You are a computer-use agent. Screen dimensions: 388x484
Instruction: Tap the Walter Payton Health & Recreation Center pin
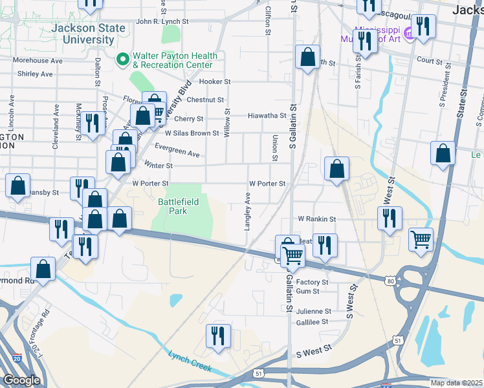[x=122, y=60]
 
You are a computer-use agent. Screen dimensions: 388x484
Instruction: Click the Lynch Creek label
[x=190, y=361]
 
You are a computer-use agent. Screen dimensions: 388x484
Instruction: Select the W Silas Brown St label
[x=192, y=133]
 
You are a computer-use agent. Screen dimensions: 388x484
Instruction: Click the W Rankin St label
[x=316, y=219]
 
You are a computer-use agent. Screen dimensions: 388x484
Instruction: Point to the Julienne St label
[x=314, y=311]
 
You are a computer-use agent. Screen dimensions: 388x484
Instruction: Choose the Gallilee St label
[x=312, y=321]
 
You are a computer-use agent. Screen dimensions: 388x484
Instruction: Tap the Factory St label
[x=312, y=283]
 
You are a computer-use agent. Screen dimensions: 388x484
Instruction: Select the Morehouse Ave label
[x=38, y=61]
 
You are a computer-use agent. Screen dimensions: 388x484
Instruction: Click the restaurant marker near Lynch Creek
[x=217, y=336]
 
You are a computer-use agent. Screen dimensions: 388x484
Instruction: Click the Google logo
[x=22, y=380]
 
